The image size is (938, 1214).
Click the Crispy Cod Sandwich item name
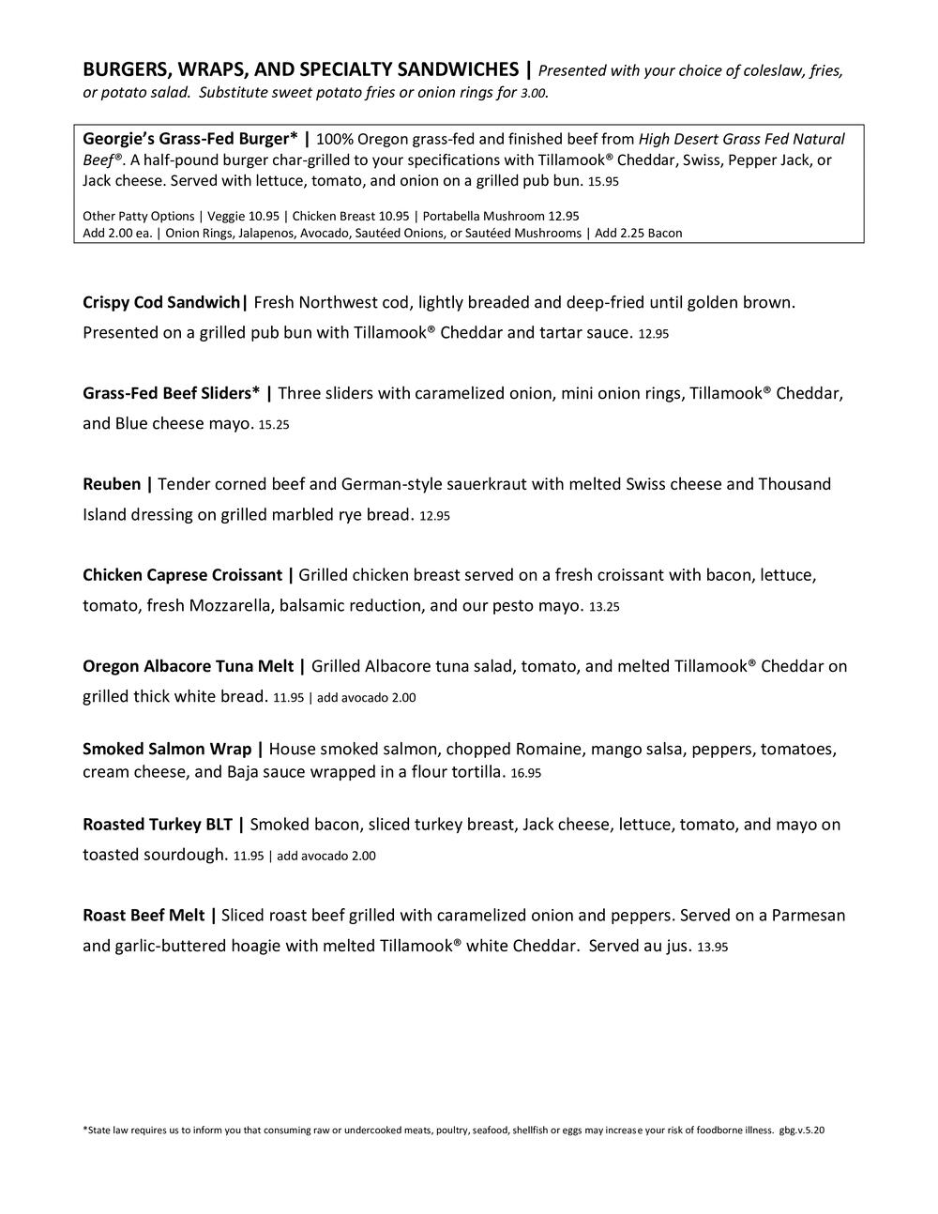[x=161, y=303]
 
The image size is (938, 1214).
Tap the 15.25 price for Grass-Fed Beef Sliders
[x=274, y=425]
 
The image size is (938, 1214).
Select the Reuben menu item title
[x=112, y=485]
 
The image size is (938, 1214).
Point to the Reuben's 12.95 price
[x=434, y=516]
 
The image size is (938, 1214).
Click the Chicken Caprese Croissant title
[x=182, y=575]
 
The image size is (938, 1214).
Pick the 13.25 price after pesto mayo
[x=604, y=607]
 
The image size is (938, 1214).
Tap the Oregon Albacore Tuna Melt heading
[x=188, y=667]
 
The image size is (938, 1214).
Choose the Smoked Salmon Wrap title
[x=167, y=750]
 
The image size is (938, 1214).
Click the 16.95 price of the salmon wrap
[x=526, y=774]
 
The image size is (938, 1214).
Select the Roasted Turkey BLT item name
[x=157, y=826]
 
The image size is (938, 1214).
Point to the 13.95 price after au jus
[x=713, y=948]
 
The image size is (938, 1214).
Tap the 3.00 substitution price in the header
[x=534, y=94]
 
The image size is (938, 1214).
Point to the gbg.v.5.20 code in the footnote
[x=801, y=1131]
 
